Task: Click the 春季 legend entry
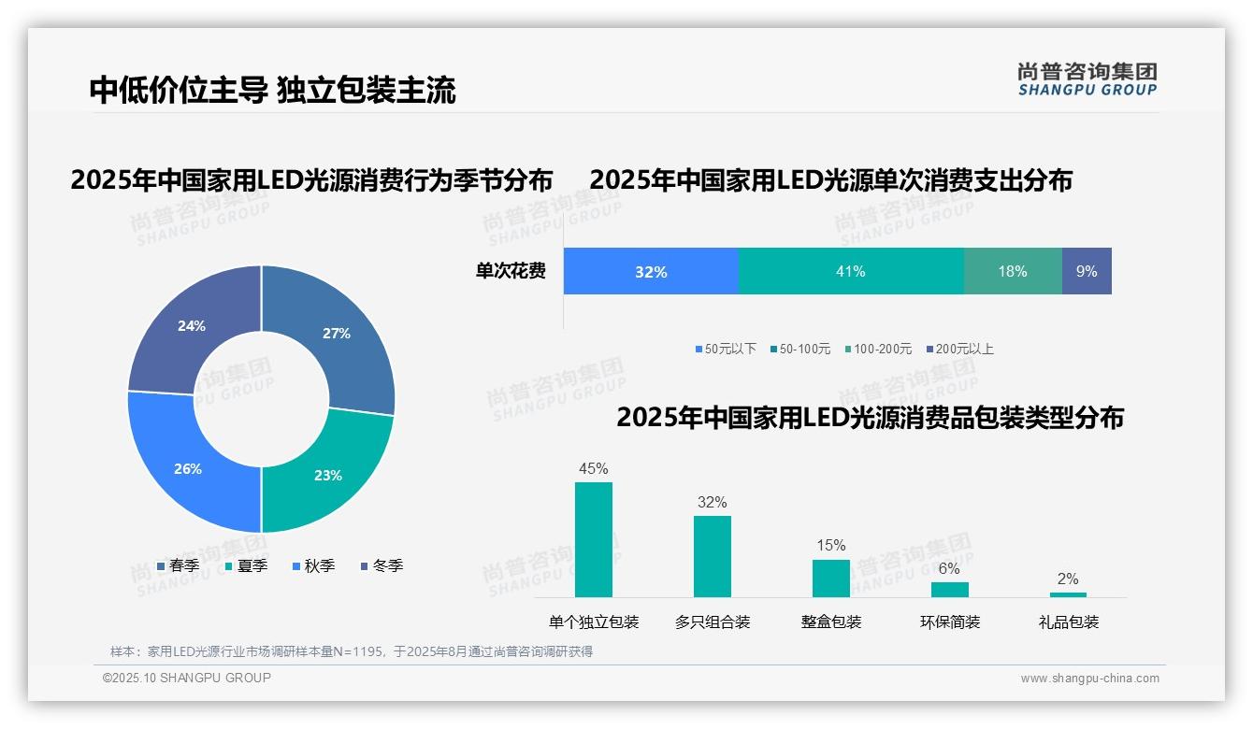pyautogui.click(x=178, y=565)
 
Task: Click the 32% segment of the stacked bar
pyautogui.click(x=651, y=272)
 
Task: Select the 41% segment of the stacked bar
pyautogui.click(x=851, y=272)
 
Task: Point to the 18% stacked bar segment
pyautogui.click(x=1013, y=272)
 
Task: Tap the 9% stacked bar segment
pyautogui.click(x=1087, y=272)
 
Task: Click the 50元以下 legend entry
pyautogui.click(x=726, y=349)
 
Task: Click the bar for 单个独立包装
pyautogui.click(x=594, y=539)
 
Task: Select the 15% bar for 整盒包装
pyautogui.click(x=831, y=578)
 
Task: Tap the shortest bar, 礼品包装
pyautogui.click(x=1068, y=594)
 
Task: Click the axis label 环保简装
pyautogui.click(x=950, y=622)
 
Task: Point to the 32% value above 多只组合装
pyautogui.click(x=712, y=503)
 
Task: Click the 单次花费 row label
pyautogui.click(x=511, y=272)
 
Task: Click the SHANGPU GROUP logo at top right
pyautogui.click(x=1087, y=79)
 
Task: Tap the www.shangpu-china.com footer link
pyautogui.click(x=1089, y=679)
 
